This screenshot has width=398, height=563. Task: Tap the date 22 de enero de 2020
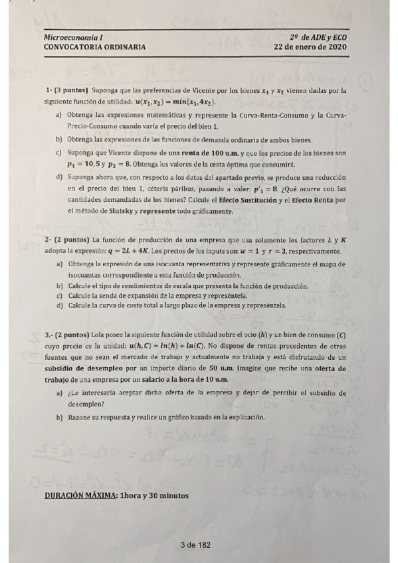pyautogui.click(x=310, y=47)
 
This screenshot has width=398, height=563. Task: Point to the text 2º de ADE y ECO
pyautogui.click(x=318, y=38)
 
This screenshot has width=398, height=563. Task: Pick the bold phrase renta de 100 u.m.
pyautogui.click(x=191, y=153)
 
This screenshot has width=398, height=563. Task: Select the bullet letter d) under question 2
pyautogui.click(x=60, y=306)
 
